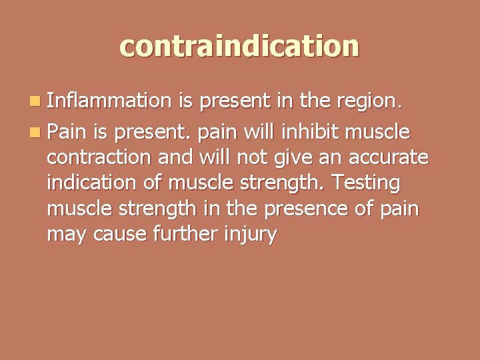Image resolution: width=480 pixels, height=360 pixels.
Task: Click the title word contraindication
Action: [239, 46]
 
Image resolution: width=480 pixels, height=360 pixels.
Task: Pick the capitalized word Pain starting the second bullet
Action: [66, 133]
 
